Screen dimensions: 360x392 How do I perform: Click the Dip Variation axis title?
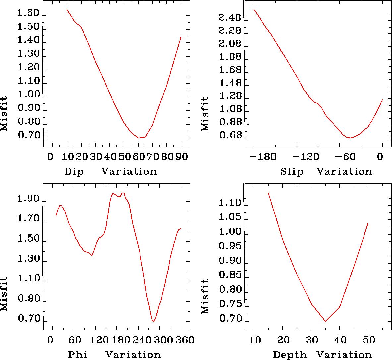pos(110,171)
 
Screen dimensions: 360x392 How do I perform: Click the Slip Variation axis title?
pos(326,171)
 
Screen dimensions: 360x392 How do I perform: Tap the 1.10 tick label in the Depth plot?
pos(230,203)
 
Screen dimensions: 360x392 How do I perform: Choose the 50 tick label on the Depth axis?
pos(368,340)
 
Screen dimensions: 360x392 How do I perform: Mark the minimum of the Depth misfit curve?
pos(325,321)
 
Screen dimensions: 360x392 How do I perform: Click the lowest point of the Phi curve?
pos(153,321)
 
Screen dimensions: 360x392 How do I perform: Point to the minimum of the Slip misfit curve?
pos(349,138)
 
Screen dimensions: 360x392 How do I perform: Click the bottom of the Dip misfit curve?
pos(139,138)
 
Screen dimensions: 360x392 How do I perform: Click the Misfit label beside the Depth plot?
pos(205,296)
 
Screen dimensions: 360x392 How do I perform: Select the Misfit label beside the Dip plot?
pos(4,113)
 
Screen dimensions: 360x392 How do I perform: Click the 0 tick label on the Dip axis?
pos(50,156)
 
